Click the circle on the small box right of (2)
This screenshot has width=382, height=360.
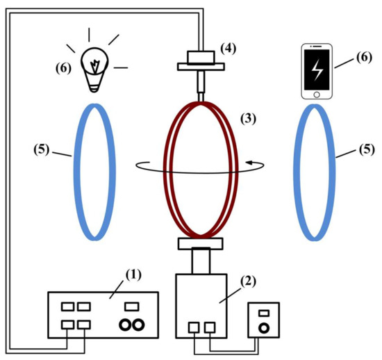264,327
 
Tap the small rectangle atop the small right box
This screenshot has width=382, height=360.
264,313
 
